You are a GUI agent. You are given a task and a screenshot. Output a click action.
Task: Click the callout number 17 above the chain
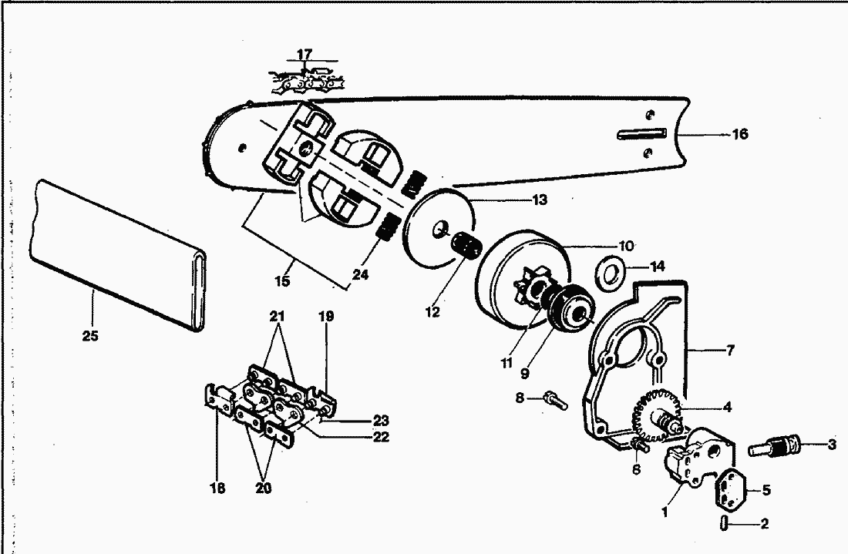click(305, 54)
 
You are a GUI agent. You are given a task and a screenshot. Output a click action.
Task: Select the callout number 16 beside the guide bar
click(740, 134)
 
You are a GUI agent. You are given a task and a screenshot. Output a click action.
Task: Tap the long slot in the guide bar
click(641, 134)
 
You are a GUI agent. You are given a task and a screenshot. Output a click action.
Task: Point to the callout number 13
click(540, 200)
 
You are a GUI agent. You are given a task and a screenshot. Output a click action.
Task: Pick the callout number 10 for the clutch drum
click(626, 247)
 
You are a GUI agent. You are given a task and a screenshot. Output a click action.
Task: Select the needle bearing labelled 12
click(466, 246)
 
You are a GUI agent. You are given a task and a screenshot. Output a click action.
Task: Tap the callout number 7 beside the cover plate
click(730, 351)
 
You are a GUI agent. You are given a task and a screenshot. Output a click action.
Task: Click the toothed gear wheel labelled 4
click(655, 414)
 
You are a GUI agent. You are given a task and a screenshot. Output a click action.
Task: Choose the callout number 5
click(766, 490)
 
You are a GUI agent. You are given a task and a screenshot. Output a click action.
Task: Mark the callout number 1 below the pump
click(665, 512)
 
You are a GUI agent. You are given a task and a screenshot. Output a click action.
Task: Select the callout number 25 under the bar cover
click(90, 336)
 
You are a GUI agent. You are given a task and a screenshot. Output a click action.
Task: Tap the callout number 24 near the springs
click(361, 274)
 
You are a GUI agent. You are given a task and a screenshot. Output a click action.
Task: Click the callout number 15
click(282, 281)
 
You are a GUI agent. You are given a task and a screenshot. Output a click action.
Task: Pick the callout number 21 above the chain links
click(277, 316)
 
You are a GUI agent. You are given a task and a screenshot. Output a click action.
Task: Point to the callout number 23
click(381, 421)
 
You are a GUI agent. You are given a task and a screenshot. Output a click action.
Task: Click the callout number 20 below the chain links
click(264, 488)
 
